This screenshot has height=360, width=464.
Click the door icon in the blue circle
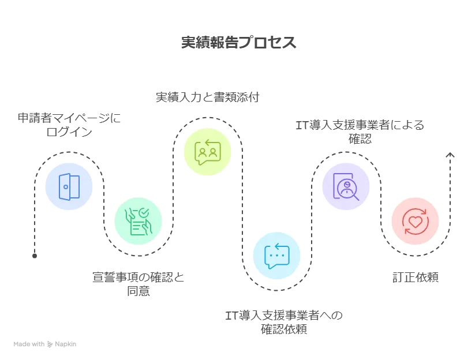pyautogui.click(x=69, y=186)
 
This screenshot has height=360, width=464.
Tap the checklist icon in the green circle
pyautogui.click(x=139, y=221)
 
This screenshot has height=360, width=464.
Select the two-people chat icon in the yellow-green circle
pyautogui.click(x=207, y=152)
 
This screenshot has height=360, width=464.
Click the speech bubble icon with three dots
pyautogui.click(x=276, y=256)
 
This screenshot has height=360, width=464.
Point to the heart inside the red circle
pyautogui.click(x=415, y=222)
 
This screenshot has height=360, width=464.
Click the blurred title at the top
pyautogui.click(x=238, y=43)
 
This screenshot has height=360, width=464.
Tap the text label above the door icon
pyautogui.click(x=69, y=123)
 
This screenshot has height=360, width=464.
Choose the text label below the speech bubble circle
pyautogui.click(x=283, y=322)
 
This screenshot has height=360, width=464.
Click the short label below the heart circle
pyautogui.click(x=415, y=279)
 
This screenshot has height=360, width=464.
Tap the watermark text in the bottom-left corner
pyautogui.click(x=46, y=345)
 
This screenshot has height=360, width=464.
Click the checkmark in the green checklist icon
pyautogui.click(x=144, y=213)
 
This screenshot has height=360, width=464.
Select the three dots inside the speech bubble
pyautogui.click(x=277, y=254)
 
